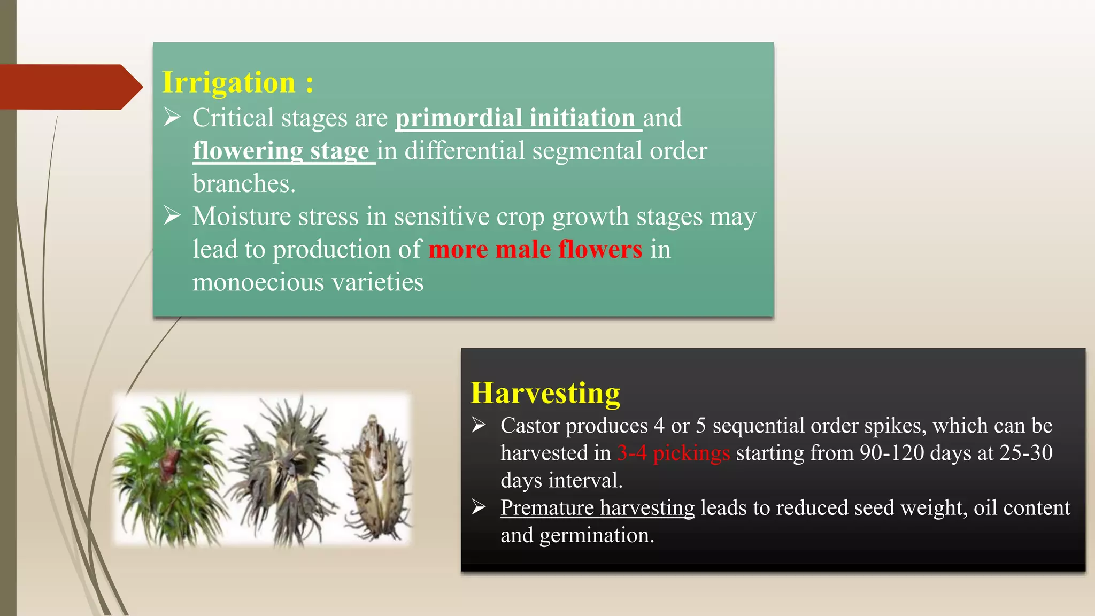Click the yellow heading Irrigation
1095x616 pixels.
228,83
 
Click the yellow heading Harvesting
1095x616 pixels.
545,393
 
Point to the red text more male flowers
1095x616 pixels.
535,250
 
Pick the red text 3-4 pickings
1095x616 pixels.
673,453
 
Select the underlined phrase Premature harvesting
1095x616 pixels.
597,507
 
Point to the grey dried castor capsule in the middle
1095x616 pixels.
286,471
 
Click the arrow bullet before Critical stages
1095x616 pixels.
172,117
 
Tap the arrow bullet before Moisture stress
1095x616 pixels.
172,216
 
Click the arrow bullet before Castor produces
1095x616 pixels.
479,426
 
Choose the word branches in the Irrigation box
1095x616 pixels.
243,184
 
